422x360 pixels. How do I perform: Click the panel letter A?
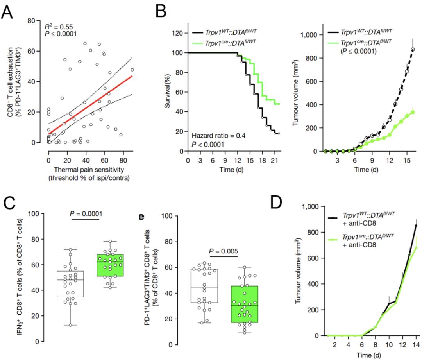point(9,14)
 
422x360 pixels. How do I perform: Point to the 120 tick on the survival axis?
point(179,33)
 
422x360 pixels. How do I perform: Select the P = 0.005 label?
point(225,251)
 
